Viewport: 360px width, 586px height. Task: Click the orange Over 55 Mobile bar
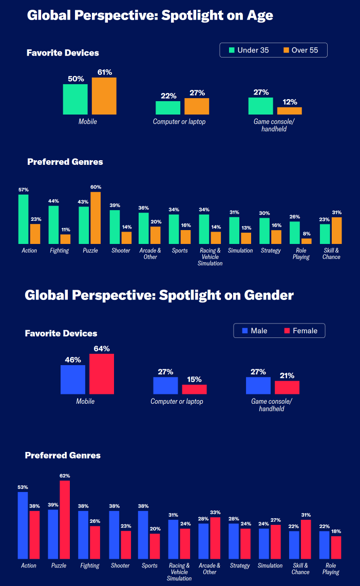pos(104,96)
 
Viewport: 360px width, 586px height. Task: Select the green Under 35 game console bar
pos(260,106)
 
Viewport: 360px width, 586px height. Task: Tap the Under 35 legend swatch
pos(232,50)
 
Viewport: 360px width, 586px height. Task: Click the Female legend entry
pos(300,331)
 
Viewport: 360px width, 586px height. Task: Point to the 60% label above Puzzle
pos(96,187)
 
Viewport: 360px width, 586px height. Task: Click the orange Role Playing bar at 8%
pos(307,241)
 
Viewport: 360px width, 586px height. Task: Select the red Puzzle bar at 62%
pos(65,519)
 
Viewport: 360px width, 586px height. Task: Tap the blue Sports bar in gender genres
pos(143,535)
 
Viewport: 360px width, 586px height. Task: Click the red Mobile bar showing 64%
pos(102,373)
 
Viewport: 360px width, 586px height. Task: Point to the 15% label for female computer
pos(195,379)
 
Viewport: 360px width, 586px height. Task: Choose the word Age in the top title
pos(259,15)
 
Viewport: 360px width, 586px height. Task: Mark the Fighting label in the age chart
pos(59,251)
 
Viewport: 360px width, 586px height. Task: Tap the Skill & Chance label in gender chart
pos(300,569)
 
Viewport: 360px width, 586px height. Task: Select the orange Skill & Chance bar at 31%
pos(337,231)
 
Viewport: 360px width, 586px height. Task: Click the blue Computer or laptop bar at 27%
pos(165,385)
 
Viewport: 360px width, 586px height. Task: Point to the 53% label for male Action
pos(23,487)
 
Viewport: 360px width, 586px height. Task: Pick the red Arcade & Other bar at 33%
pos(215,538)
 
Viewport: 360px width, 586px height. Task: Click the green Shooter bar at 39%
pos(115,227)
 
